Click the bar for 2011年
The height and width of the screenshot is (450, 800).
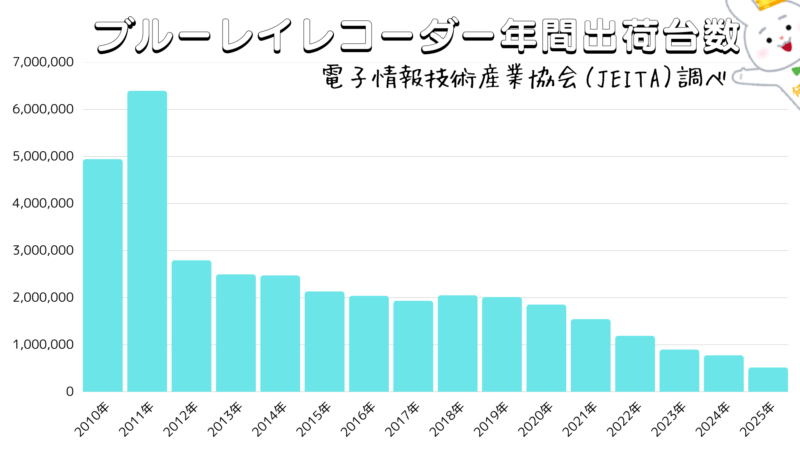(x=147, y=241)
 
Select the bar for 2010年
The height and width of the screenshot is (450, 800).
(x=103, y=275)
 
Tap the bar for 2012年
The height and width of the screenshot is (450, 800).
(x=191, y=326)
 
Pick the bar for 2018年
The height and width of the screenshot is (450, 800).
(x=457, y=343)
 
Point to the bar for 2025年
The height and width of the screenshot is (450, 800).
(x=767, y=380)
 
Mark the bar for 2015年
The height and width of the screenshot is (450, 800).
(x=324, y=341)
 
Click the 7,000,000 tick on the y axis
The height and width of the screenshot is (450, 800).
(x=43, y=62)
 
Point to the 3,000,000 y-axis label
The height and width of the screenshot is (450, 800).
(x=43, y=250)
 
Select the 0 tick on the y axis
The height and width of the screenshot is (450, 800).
(x=69, y=392)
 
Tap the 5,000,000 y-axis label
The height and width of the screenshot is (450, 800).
(x=43, y=156)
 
